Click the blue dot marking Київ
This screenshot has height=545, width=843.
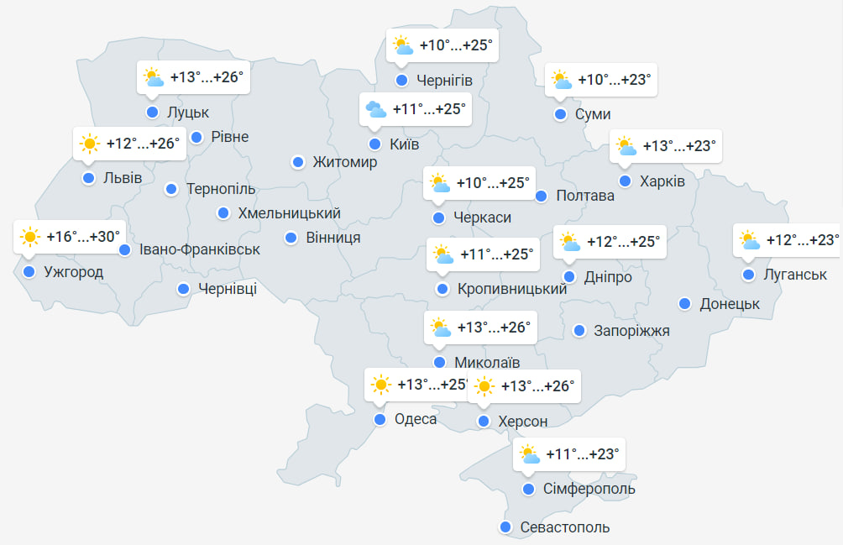(x=374, y=144)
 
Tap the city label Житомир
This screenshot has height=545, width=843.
(x=344, y=162)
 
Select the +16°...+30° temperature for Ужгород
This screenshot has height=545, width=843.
(x=84, y=237)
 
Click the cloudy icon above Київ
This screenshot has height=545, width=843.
(x=375, y=109)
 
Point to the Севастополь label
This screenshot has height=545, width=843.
(x=564, y=527)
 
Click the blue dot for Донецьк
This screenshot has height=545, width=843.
(x=685, y=304)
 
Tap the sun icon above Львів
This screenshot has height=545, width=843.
(x=89, y=144)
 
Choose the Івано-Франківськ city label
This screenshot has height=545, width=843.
(x=200, y=249)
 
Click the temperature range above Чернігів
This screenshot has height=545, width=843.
(x=454, y=45)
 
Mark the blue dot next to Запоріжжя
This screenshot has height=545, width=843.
(x=579, y=330)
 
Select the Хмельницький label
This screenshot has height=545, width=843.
(x=289, y=213)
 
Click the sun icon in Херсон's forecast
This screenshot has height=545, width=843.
(x=484, y=386)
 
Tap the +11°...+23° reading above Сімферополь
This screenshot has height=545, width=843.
(x=582, y=454)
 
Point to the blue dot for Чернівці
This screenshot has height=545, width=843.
(x=183, y=290)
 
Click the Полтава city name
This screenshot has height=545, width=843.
(x=585, y=196)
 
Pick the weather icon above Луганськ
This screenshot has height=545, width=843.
(x=750, y=241)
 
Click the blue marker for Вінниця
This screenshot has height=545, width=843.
(x=291, y=238)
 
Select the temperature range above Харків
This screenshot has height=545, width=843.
(x=679, y=146)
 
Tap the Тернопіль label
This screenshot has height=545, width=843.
(x=221, y=189)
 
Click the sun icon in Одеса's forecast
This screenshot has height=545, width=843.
(x=380, y=385)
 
